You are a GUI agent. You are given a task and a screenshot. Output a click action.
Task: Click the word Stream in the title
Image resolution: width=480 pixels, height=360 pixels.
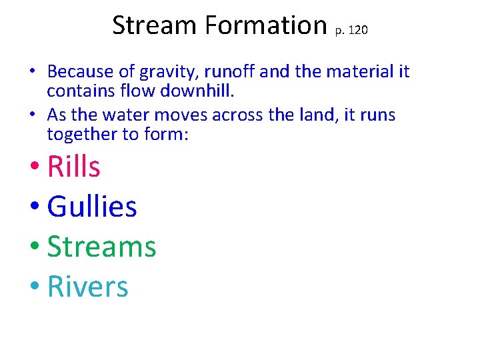155,25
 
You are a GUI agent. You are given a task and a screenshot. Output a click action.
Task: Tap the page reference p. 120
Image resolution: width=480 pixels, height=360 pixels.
350,30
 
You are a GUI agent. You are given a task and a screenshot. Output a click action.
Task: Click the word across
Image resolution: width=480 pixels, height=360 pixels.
237,115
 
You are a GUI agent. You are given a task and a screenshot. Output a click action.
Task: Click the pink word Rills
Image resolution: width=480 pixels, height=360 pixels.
74,166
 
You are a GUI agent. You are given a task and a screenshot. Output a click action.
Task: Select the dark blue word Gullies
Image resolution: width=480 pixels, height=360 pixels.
92,207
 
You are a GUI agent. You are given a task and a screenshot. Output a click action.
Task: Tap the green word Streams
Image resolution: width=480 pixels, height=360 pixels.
101,247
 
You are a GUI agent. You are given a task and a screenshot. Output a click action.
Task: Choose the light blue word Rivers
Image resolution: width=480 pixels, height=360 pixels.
87,287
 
